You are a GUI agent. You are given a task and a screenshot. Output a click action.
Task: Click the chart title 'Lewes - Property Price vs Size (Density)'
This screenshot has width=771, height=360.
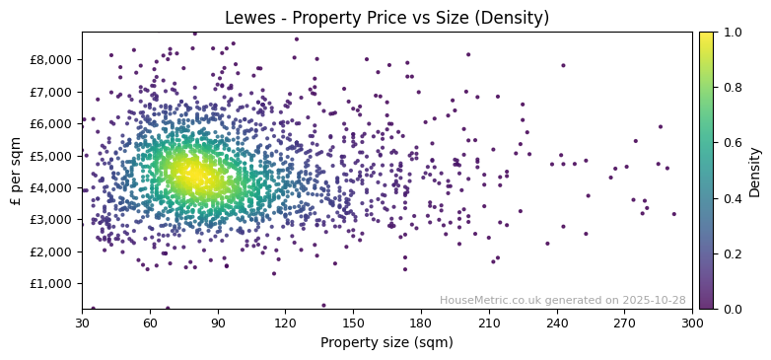click(386, 18)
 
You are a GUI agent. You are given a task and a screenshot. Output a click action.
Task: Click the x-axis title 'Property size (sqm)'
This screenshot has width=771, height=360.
click(386, 343)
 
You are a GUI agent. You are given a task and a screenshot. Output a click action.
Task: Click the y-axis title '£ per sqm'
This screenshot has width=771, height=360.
click(16, 171)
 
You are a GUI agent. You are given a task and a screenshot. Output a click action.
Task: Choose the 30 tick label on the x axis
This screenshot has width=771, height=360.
click(82, 323)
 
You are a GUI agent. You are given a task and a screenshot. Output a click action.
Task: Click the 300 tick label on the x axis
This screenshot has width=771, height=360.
click(692, 323)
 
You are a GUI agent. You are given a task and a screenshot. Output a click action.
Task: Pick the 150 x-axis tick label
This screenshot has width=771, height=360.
click(353, 323)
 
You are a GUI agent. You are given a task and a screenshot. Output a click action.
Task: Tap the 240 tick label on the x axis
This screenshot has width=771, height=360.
click(556, 323)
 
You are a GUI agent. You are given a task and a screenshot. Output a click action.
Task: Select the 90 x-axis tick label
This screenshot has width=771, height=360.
click(218, 323)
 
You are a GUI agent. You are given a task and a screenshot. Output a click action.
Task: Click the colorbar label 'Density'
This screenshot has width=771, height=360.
click(754, 171)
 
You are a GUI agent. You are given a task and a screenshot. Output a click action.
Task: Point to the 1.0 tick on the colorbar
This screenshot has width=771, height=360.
click(731, 33)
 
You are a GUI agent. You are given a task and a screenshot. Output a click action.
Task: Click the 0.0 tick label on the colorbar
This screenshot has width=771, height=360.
click(731, 309)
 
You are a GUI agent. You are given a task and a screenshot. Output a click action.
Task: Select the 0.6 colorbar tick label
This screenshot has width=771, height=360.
click(731, 143)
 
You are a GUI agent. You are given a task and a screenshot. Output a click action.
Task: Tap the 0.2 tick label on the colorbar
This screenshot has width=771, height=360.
click(731, 253)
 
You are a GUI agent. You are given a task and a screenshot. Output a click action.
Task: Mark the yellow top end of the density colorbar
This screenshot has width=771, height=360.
click(706, 35)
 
